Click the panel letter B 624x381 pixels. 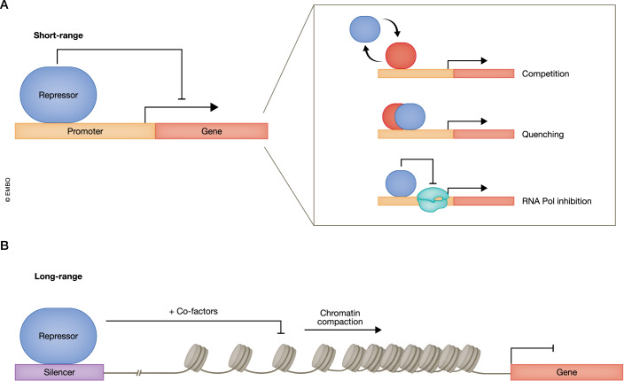click(x=6, y=238)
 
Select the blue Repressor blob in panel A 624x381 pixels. click(x=59, y=92)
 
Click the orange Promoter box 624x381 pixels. click(x=85, y=131)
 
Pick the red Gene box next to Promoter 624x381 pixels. click(x=211, y=131)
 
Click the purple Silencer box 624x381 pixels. click(x=60, y=371)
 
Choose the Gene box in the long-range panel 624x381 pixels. click(x=565, y=371)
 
